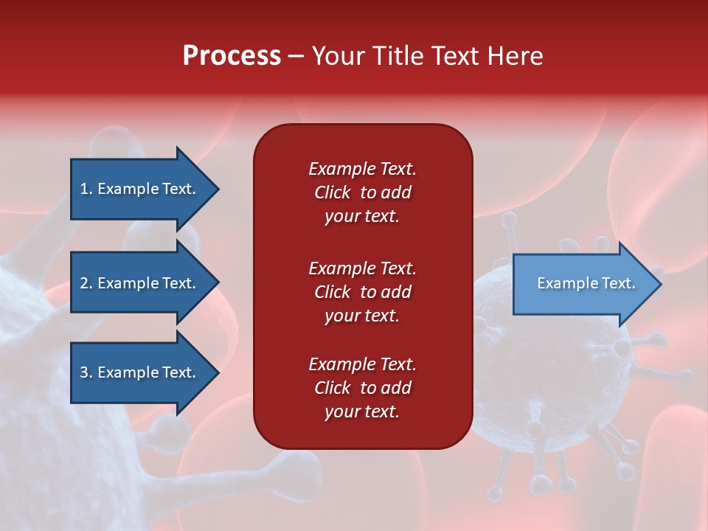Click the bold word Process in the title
pos(232,56)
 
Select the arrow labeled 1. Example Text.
pos(138,189)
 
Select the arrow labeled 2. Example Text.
pos(138,283)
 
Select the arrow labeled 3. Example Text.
pos(138,372)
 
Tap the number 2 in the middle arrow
pos(84,283)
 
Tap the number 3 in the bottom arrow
pos(84,372)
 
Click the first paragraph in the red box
pos(362,192)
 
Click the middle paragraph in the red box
pos(362,292)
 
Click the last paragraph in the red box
pos(362,388)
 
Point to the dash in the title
pos(296,56)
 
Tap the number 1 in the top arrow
pos(84,189)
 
